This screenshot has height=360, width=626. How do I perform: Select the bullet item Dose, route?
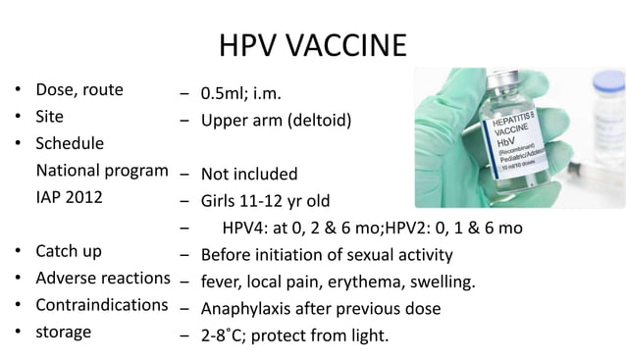coord(79,90)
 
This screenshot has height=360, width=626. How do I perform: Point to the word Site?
coord(50,117)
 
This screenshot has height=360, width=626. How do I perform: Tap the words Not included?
coord(249,175)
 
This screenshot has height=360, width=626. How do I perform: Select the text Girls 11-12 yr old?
coord(265,202)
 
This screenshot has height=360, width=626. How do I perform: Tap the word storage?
coord(64,332)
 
